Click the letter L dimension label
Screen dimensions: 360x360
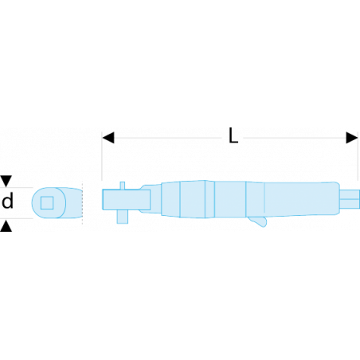(233, 135)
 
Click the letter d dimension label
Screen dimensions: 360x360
(7, 201)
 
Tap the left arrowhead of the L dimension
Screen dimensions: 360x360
(108, 138)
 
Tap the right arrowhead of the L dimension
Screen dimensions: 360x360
(352, 138)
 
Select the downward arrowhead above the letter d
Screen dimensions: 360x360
(6, 181)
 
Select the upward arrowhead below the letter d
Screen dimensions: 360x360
(6, 225)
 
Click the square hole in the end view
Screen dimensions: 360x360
(47, 203)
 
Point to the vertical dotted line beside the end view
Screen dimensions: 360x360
(82, 203)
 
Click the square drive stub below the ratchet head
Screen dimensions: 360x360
(123, 217)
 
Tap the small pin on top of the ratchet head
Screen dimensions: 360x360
(123, 186)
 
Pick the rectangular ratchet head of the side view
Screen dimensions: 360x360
(127, 199)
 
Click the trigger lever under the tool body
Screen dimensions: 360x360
(258, 221)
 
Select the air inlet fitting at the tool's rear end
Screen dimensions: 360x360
(350, 199)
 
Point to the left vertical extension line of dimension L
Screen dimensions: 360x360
(102, 156)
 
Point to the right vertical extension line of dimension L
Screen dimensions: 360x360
(358, 156)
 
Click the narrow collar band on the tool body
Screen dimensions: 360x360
(209, 199)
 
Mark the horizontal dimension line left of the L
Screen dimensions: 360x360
(168, 138)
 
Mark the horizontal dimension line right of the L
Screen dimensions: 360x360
(295, 138)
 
